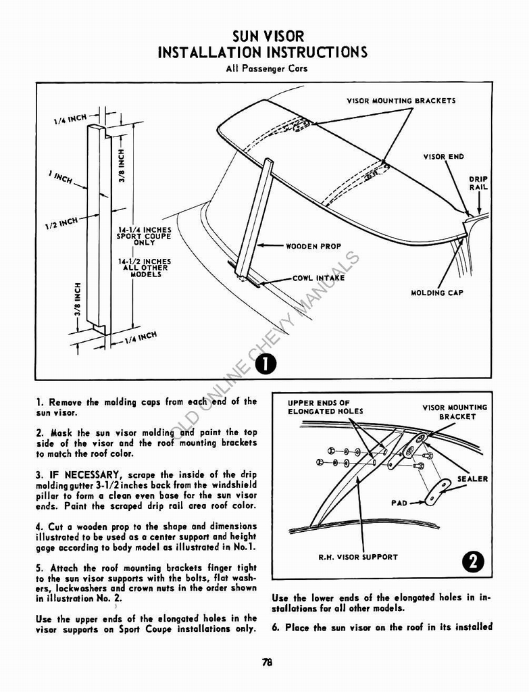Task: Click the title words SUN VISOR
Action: [264, 36]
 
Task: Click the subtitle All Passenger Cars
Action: [264, 68]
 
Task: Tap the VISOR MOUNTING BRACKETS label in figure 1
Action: [401, 101]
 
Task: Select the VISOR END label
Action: [443, 157]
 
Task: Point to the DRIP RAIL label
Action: [478, 183]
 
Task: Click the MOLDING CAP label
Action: [437, 293]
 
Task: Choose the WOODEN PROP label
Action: [313, 247]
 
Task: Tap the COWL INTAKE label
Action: [318, 278]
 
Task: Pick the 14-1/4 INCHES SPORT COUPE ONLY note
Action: [143, 236]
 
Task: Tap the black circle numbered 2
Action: [475, 562]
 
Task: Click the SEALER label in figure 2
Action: [472, 478]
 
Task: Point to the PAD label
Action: [399, 503]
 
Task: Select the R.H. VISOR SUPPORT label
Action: [358, 558]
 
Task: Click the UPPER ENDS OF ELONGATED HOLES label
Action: [325, 407]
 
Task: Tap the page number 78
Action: [267, 663]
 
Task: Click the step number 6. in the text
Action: [276, 627]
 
